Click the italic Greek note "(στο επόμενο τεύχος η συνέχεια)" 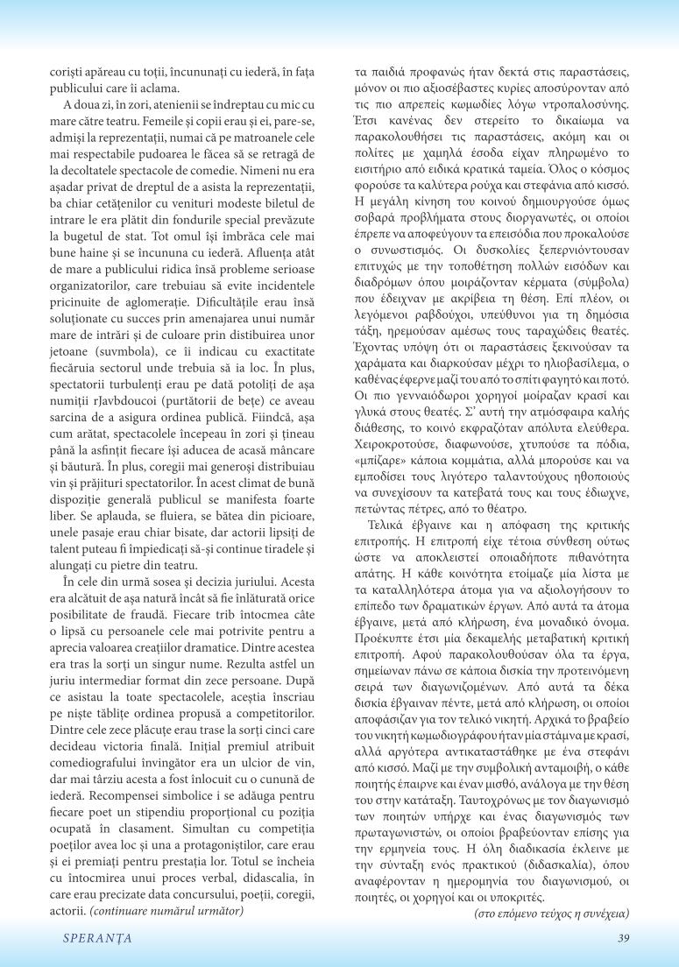tap(551, 913)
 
